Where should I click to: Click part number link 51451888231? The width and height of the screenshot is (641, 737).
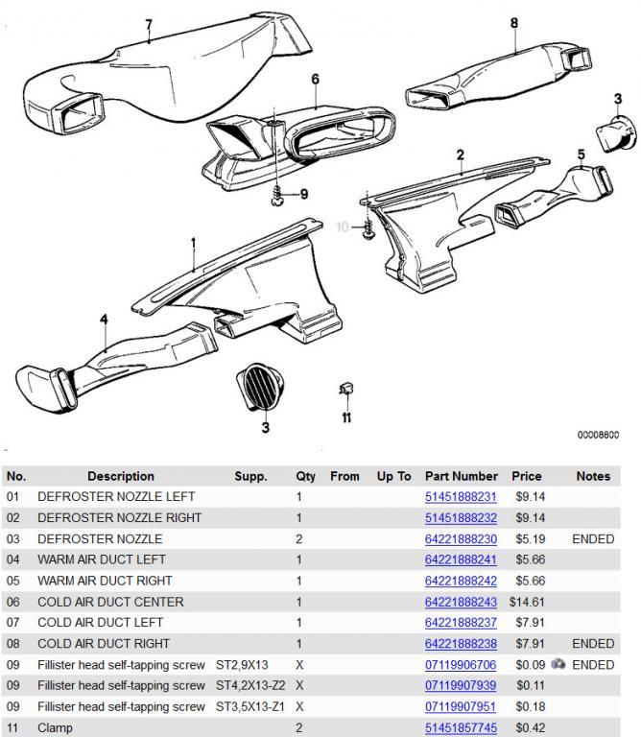(461, 497)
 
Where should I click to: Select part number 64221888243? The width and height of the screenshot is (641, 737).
(461, 602)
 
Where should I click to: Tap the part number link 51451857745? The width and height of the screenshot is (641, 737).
(461, 728)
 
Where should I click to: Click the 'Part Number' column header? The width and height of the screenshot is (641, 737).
(462, 476)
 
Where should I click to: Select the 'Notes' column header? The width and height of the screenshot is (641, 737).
(593, 476)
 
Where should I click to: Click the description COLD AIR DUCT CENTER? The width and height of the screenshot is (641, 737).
(110, 602)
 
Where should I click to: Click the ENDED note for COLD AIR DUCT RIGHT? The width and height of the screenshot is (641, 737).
(593, 644)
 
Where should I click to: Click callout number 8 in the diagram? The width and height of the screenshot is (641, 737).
(514, 22)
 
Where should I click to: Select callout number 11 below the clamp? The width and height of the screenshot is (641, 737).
(346, 417)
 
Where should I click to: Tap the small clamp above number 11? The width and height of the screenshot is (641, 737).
(345, 390)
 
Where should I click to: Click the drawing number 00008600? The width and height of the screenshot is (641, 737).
(597, 435)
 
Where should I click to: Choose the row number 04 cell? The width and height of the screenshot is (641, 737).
(12, 559)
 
